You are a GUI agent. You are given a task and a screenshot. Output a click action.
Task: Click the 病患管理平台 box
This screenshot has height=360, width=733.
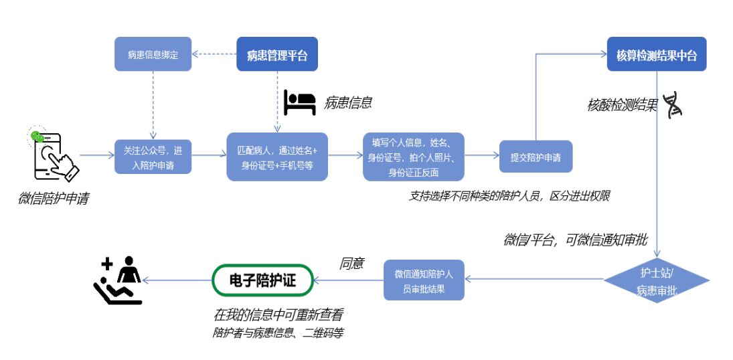pos(276,55)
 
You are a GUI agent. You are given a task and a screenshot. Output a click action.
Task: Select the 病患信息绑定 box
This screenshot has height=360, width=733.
pos(153,55)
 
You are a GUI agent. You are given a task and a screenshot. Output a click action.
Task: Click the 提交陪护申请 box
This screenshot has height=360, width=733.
pos(536,157)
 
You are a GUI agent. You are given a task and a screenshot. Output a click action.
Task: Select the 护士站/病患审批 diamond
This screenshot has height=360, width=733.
pos(656,280)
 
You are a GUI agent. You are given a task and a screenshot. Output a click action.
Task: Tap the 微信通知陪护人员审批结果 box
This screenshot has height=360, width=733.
pos(424,280)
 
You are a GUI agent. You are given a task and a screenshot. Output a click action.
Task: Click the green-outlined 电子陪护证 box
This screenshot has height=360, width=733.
pos(262,280)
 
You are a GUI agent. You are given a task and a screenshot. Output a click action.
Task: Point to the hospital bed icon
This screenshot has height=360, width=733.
pos(299,102)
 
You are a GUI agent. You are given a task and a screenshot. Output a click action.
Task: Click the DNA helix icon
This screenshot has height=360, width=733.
pos(671,106)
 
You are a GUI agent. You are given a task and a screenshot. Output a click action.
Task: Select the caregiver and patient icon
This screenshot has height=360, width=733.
pos(118,281)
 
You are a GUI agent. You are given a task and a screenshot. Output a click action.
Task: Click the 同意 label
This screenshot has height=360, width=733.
pos(352,264)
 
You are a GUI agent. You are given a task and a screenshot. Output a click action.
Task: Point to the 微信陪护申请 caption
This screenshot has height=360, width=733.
pos(53,199)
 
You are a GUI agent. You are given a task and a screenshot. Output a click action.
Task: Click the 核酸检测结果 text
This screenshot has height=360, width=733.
pos(622,105)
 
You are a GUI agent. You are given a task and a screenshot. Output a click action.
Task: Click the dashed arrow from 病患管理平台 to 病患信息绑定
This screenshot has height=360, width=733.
pos(214,55)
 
